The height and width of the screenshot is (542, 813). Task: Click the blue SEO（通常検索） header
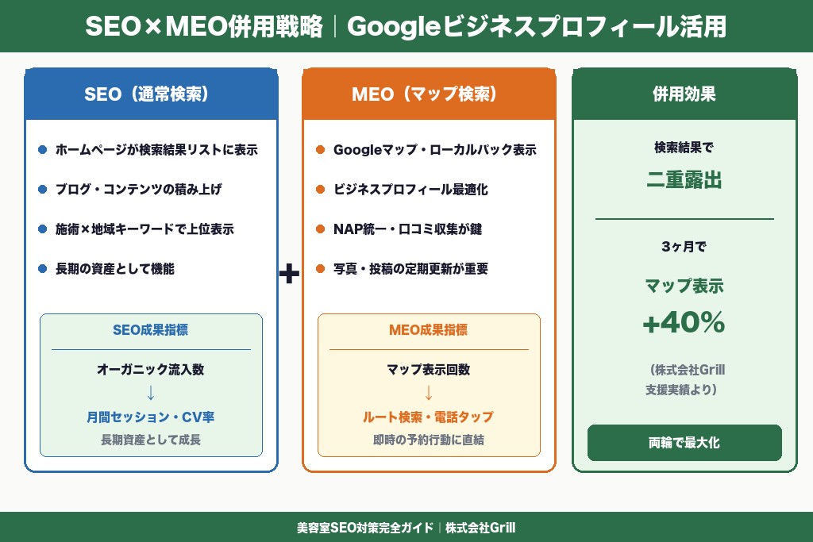[151, 94]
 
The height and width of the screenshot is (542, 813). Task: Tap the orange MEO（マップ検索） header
[429, 94]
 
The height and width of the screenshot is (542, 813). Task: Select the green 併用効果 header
[684, 94]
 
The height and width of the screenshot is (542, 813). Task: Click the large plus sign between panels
[290, 275]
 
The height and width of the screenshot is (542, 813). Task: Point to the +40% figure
[684, 322]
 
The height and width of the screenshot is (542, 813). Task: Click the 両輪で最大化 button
[684, 443]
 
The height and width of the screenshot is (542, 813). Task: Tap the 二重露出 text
[684, 181]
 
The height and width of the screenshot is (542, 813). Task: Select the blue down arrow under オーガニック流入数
[151, 393]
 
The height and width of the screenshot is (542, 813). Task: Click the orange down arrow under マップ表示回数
[429, 393]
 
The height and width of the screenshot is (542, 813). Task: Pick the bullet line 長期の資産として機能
[115, 269]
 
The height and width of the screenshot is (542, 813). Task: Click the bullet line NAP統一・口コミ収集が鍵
[407, 229]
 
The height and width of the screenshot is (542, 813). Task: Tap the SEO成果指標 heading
[151, 330]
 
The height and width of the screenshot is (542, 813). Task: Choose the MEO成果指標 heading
[429, 330]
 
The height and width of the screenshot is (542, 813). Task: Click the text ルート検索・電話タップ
[429, 417]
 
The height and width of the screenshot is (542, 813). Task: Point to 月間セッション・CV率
[151, 417]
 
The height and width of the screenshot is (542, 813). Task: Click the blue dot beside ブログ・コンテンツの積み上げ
[43, 190]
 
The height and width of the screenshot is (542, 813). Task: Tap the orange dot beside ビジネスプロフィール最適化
[320, 190]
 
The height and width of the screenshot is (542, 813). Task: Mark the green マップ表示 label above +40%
[684, 286]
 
